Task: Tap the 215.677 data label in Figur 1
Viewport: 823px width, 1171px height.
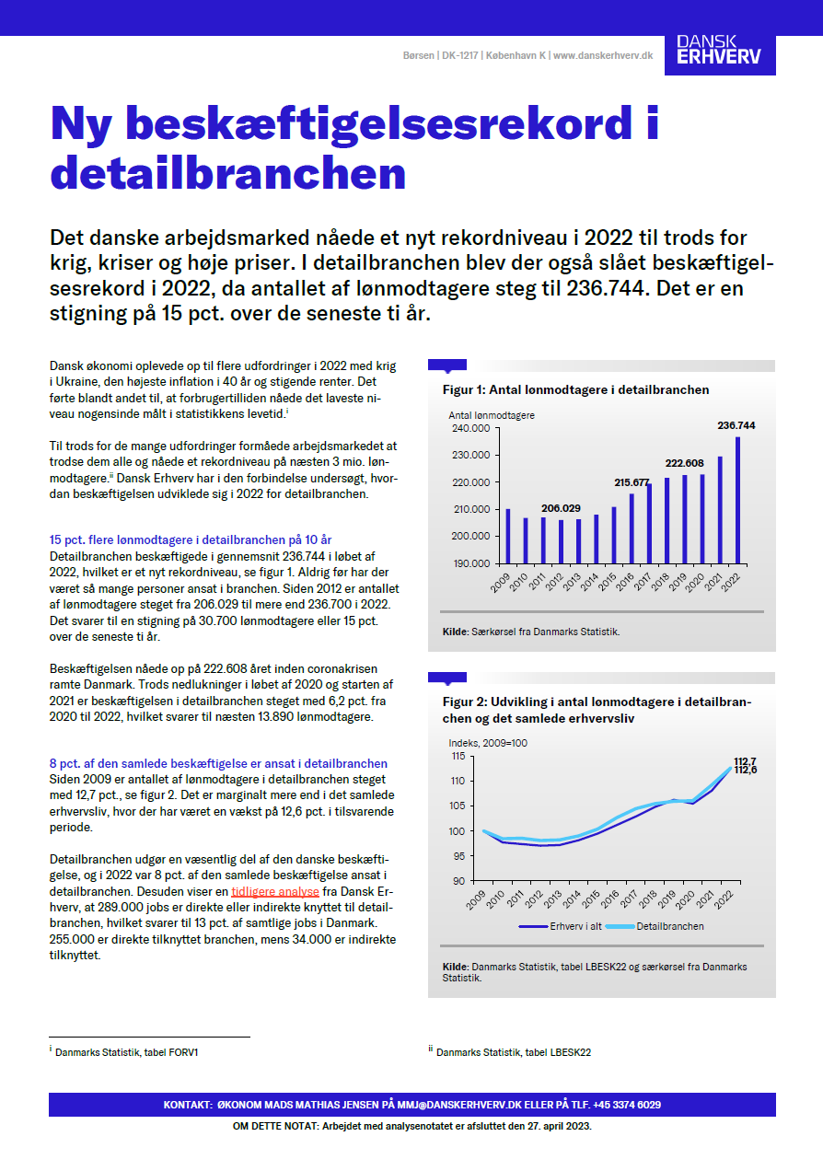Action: (632, 482)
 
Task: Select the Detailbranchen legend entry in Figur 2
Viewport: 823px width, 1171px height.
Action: (670, 926)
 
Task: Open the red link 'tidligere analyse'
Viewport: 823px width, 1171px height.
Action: (275, 892)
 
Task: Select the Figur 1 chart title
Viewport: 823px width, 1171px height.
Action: (576, 389)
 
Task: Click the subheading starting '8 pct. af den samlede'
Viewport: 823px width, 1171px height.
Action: (218, 763)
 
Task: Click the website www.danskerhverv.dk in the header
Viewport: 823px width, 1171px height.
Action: (603, 55)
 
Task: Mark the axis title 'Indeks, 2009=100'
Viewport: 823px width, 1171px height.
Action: (487, 743)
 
